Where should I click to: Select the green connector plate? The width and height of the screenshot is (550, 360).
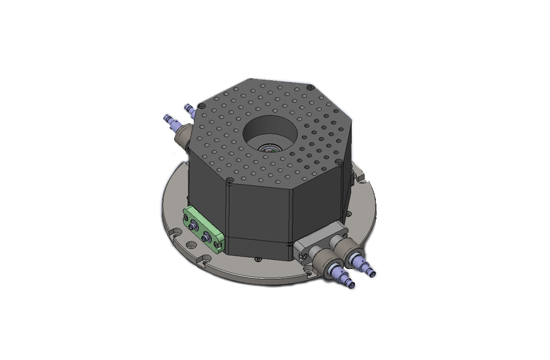tap(204, 230)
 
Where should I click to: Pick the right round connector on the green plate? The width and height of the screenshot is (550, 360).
tap(208, 236)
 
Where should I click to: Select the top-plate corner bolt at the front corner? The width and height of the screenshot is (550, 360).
tap(232, 178)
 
